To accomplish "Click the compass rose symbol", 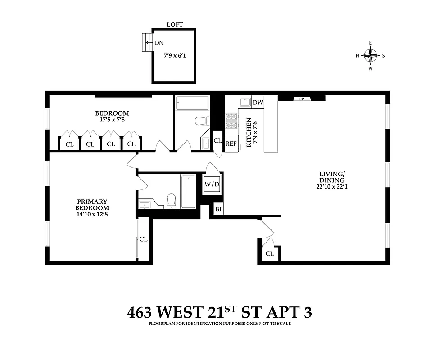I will (x=371, y=56).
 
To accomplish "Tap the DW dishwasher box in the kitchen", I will (x=258, y=103).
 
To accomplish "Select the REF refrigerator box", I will (x=231, y=144).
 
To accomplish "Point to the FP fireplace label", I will (x=301, y=99).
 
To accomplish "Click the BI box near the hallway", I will (x=218, y=209).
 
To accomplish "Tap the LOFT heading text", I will (x=174, y=24).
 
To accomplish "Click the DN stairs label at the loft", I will (x=159, y=43).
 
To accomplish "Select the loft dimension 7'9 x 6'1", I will (x=175, y=56).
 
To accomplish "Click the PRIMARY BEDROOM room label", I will (x=92, y=205).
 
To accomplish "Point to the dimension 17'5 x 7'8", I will (x=111, y=120).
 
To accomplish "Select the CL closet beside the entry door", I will (x=269, y=253).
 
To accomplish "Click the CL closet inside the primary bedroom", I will (x=143, y=239).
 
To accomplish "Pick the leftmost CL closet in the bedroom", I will (x=69, y=144).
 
